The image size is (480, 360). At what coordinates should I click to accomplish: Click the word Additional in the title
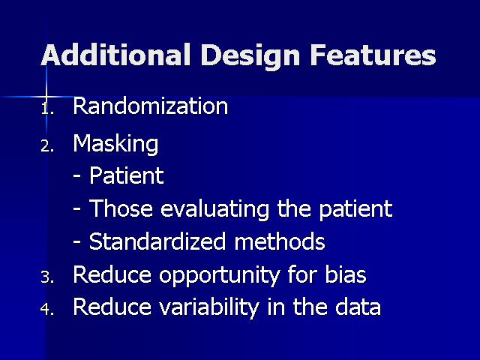coord(116,55)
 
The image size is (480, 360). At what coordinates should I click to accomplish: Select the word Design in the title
coord(250,57)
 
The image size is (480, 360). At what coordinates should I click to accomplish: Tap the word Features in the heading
coord(373,55)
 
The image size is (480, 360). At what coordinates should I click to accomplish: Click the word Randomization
coord(150,106)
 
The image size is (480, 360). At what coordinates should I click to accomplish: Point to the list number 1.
coord(47,108)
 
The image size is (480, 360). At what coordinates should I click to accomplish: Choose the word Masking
coord(115,143)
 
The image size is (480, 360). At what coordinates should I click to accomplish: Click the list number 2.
coord(47,146)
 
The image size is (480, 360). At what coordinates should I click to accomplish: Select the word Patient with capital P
coord(127,175)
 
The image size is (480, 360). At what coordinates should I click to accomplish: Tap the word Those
coord(121,208)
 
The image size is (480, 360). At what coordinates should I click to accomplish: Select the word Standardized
coord(157,241)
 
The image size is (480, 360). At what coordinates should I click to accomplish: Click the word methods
coord(280,241)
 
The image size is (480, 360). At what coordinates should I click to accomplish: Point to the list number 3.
coord(47,277)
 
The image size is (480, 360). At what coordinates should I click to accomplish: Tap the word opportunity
coord(219,276)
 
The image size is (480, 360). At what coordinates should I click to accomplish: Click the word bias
coord(345,274)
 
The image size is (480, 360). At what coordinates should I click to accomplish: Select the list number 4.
coord(47,309)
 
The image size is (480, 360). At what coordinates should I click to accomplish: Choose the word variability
coord(209,307)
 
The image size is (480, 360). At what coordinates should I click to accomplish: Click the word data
coord(358,307)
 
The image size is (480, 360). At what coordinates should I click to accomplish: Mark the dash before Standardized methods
coord(77,242)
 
